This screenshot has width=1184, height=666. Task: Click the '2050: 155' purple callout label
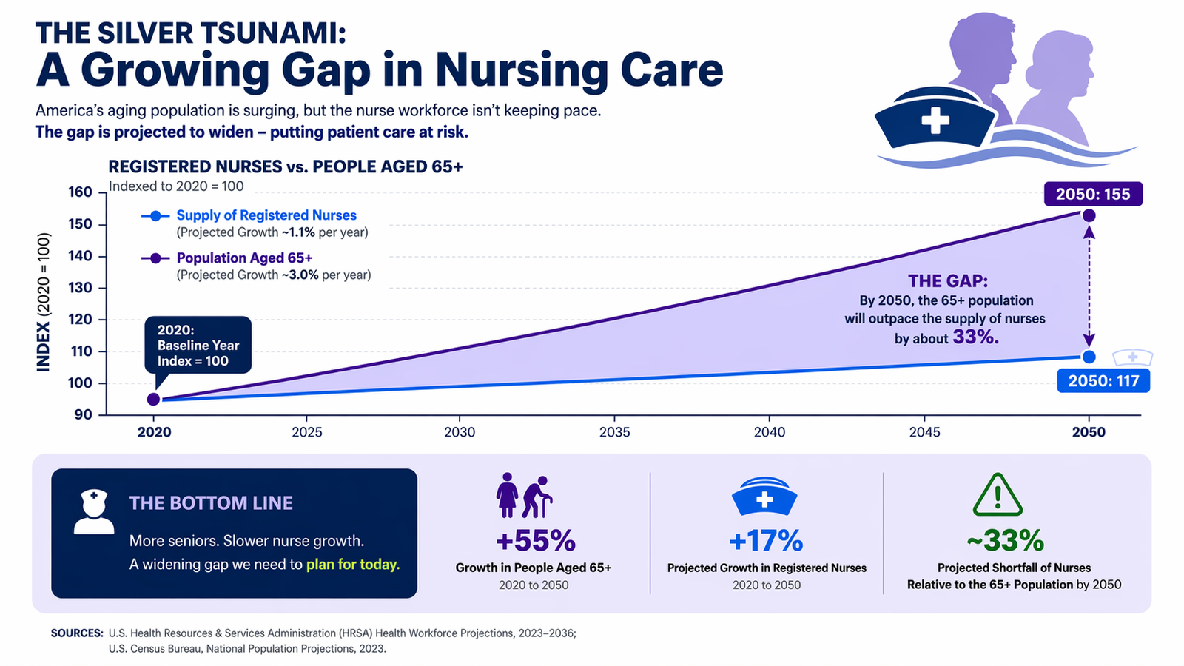point(1093,194)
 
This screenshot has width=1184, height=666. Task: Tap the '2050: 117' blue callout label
point(1103,381)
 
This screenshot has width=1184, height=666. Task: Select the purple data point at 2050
point(1089,215)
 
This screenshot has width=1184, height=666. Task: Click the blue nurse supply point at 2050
point(1089,357)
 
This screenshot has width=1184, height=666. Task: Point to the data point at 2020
point(153,400)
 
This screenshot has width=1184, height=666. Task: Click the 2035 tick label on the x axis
point(614,432)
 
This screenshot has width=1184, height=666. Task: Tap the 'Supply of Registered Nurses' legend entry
point(266,215)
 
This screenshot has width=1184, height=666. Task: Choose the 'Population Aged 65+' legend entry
point(244,258)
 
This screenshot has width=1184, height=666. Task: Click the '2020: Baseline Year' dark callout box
point(198,346)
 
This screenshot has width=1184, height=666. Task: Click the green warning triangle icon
point(997,496)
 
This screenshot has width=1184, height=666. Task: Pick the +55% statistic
point(535,541)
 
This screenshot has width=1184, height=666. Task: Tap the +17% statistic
point(766,541)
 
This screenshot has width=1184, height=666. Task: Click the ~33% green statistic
point(1005,541)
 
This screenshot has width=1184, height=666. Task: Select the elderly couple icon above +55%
point(524,496)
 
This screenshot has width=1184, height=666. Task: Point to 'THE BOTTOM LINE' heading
point(211,503)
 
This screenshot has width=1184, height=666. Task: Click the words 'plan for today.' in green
point(353,564)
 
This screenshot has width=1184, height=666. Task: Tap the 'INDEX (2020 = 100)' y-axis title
point(44,302)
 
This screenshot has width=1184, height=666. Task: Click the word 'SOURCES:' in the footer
point(77,633)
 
